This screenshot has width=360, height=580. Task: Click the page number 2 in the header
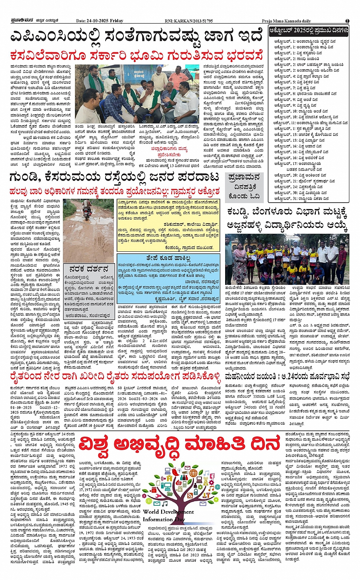click(347, 21)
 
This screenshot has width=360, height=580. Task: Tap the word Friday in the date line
click(117, 21)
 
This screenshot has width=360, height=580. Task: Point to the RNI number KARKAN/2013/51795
click(194, 21)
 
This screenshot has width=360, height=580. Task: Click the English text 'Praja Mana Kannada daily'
click(286, 21)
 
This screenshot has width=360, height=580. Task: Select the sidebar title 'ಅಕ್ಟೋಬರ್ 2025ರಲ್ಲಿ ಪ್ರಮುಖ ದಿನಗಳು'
click(309, 30)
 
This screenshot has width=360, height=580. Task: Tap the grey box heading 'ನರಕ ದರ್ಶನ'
click(89, 269)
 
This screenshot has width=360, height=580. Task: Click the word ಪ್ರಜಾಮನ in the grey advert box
click(244, 177)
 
